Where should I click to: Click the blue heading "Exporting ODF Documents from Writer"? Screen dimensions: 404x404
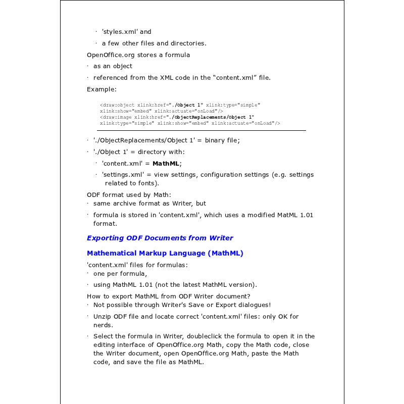tap(160, 238)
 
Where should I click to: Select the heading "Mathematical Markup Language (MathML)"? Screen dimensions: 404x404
tap(165, 253)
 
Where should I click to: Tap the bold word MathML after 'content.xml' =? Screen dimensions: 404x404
tap(166, 163)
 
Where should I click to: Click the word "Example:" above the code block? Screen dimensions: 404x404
tap(102, 89)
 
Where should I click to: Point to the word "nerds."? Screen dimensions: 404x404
tap(103, 325)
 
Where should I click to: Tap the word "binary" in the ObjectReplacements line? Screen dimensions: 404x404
tap(215, 140)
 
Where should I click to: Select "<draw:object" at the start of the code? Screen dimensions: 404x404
tap(117, 105)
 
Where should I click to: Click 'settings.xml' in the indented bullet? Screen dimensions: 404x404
tap(123, 175)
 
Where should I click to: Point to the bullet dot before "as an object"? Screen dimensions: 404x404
tap(87, 66)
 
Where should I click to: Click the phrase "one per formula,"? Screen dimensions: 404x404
tap(120, 274)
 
